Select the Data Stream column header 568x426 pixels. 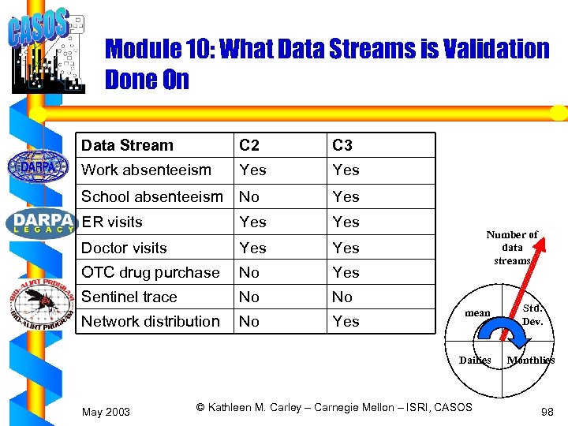point(127,145)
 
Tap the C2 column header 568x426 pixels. point(249,145)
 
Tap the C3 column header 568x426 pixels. point(342,145)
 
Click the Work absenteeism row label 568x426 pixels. point(146,170)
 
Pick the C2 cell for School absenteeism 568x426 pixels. point(249,196)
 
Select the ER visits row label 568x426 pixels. point(112,222)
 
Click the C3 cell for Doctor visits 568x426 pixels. point(346,248)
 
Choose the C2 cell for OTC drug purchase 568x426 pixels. point(249,272)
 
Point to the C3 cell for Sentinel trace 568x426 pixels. point(342,297)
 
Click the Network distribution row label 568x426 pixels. point(151,321)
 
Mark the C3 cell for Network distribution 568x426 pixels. point(346,321)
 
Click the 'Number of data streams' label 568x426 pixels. point(512,247)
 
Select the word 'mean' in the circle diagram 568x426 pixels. point(477,313)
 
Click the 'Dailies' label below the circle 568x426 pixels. point(475,361)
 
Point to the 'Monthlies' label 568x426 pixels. point(530,361)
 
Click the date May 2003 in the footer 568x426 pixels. point(106,411)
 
